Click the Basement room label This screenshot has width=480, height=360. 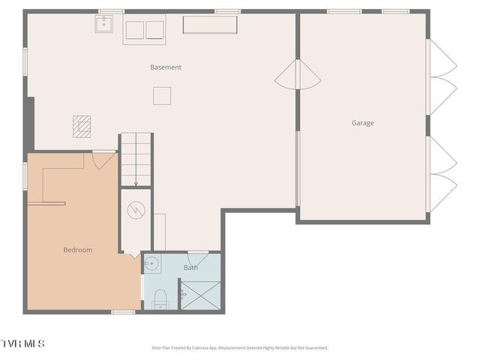click(x=166, y=67)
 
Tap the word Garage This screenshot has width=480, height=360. click(x=363, y=123)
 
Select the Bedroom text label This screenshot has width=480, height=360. click(x=77, y=250)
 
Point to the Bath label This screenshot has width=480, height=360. click(x=191, y=268)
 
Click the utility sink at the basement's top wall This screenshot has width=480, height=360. click(x=103, y=24)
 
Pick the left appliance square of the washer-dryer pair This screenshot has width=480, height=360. click(x=134, y=30)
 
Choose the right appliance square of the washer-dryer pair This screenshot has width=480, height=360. click(x=155, y=30)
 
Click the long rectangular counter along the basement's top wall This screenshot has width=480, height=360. click(x=210, y=25)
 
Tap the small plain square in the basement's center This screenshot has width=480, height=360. click(x=162, y=95)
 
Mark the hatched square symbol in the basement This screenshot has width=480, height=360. click(x=82, y=125)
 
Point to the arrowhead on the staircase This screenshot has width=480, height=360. click(x=136, y=182)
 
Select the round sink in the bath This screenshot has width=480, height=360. click(x=150, y=263)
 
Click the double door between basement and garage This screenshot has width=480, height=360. click(x=298, y=74)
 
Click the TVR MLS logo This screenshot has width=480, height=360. click(x=23, y=343)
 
